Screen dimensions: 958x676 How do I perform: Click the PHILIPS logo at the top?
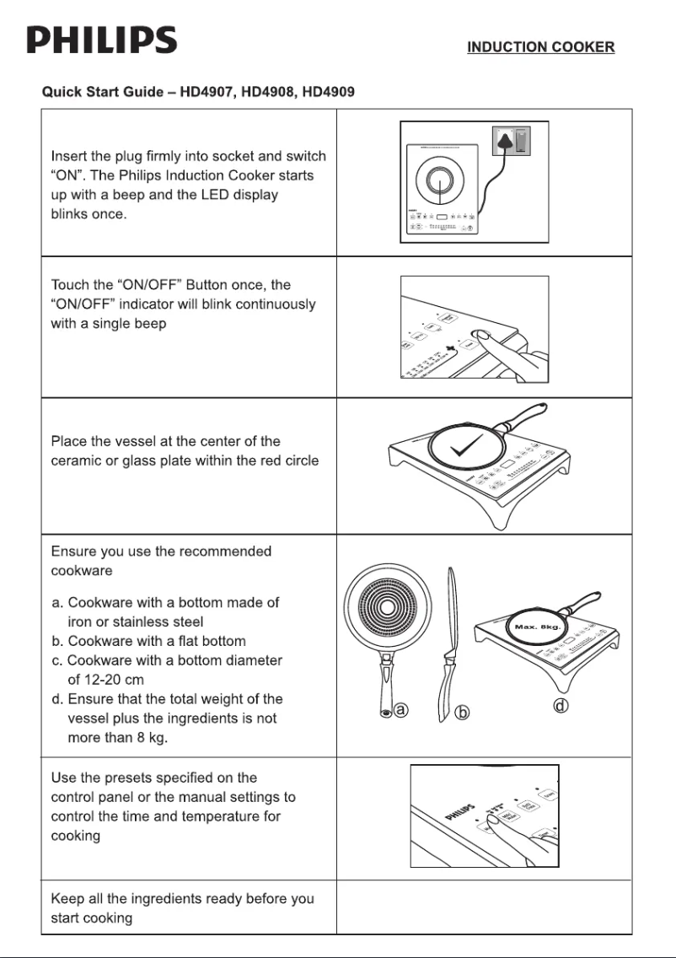pos(102,40)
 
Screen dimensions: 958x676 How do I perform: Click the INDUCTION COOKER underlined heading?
pos(540,47)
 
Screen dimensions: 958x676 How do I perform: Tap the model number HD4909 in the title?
pos(331,91)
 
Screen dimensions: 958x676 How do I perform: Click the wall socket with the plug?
pos(509,142)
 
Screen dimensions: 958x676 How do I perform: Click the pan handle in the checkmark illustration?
pos(523,418)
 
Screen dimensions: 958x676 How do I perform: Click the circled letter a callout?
pos(401,710)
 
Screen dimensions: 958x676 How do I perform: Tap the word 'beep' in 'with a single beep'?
pos(148,323)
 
